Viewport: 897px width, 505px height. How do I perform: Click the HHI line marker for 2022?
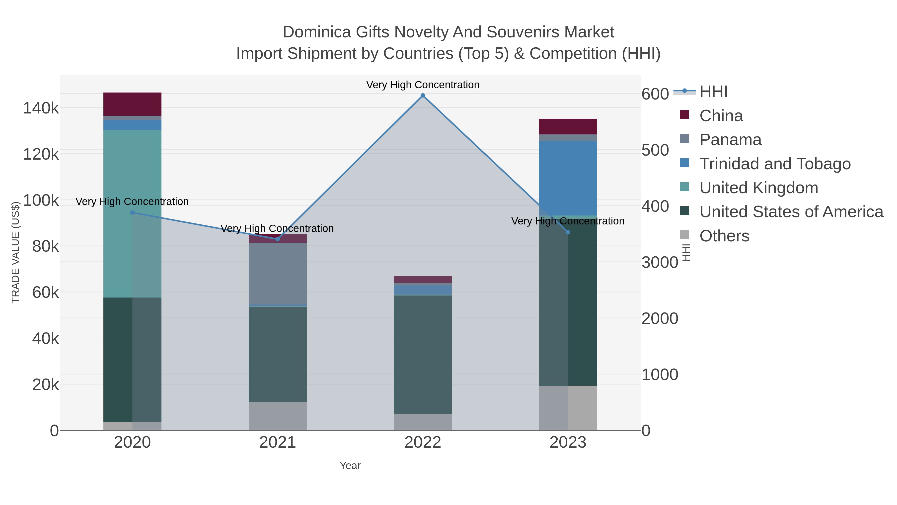(423, 96)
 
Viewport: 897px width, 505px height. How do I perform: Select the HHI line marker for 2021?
(278, 239)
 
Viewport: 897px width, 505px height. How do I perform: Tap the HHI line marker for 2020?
(132, 212)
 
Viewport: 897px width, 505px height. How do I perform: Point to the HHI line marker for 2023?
(568, 232)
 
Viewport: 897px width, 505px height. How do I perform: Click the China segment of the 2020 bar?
(132, 104)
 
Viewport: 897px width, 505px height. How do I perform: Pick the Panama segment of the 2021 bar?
(278, 274)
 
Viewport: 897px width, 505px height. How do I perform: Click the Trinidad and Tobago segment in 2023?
(568, 178)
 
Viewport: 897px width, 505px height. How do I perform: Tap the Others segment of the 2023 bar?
(568, 408)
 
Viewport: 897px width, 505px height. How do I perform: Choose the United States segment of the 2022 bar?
(423, 354)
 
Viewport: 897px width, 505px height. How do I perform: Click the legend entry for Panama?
(730, 140)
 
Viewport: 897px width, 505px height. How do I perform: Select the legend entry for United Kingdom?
(758, 188)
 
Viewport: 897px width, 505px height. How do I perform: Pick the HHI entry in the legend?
(713, 92)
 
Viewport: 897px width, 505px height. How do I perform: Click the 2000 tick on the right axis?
(660, 318)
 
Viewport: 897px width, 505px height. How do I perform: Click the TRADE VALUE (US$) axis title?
(16, 252)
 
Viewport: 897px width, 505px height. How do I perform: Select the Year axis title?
(350, 466)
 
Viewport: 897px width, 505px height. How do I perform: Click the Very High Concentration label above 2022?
(423, 85)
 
